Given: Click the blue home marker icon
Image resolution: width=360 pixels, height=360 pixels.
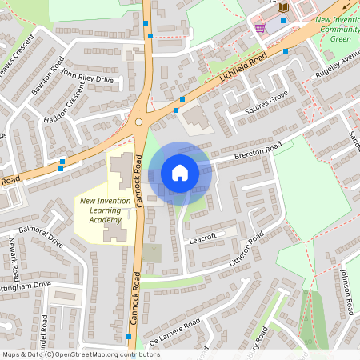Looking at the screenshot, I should (x=180, y=172).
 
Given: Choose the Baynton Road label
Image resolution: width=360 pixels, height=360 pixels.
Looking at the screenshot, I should (x=46, y=77).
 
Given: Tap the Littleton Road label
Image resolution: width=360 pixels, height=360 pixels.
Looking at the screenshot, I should (x=247, y=250).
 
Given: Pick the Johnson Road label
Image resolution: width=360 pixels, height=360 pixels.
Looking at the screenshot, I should (x=346, y=290).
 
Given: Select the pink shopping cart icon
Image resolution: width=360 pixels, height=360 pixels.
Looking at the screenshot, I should (x=260, y=28).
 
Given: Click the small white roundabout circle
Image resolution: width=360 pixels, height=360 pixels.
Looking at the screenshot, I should (x=138, y=122).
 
